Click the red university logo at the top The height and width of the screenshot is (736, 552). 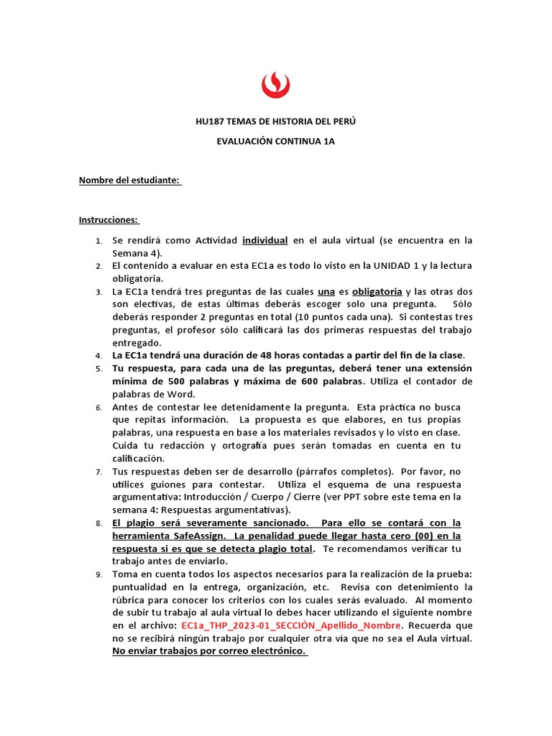[276, 84]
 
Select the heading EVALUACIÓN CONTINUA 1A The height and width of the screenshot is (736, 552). [276, 142]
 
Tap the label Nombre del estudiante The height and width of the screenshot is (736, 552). [129, 180]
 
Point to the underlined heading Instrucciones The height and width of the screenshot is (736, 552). [109, 220]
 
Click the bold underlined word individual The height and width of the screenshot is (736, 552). [264, 240]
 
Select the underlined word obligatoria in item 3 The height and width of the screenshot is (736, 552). [377, 292]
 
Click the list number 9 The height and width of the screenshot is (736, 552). [99, 574]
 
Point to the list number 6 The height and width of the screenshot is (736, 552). [99, 408]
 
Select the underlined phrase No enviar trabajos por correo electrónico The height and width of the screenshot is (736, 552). [209, 652]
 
